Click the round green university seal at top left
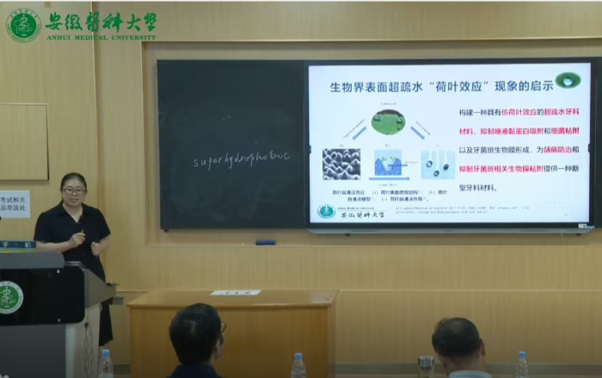(23, 25)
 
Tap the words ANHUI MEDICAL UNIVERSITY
(100, 38)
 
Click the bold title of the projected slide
(427, 85)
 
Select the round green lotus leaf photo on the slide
(388, 121)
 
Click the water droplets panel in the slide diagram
(437, 163)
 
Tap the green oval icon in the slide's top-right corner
(568, 81)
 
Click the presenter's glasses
(73, 190)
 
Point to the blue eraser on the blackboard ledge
(266, 242)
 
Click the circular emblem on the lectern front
(9, 297)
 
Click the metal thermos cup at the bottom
(426, 366)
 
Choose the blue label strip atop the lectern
(17, 245)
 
